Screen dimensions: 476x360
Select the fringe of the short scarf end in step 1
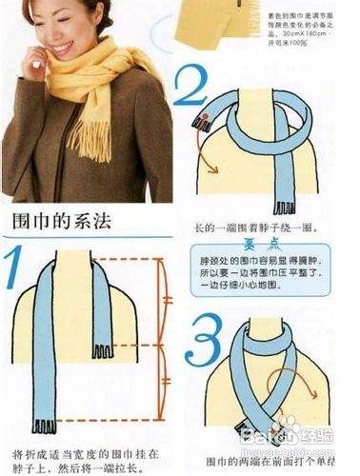pos(101,352)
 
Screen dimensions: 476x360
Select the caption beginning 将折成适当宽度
pos(81,460)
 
